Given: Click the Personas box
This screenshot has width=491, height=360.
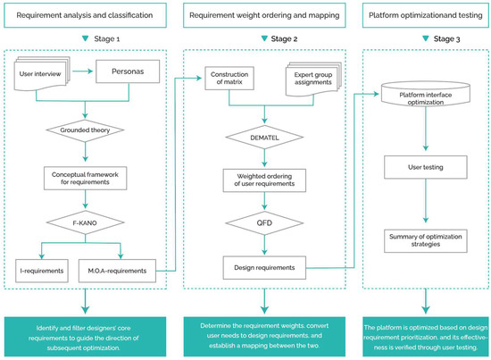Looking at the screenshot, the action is coord(128,71).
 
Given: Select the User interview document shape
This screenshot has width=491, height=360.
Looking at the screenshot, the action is coord(42,74).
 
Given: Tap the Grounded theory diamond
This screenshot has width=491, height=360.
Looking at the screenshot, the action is coord(85,130).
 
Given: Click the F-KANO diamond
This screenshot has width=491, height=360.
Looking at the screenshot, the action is coord(85,222).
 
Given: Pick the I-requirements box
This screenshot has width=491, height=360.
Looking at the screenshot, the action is coord(42,271).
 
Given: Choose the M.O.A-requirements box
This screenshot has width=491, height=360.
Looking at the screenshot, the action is coord(117,271).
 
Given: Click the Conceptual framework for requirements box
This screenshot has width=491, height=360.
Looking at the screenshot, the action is coord(85,179).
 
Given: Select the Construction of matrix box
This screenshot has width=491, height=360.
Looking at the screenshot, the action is coord(229,79).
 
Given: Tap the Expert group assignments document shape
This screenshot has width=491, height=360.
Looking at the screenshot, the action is coord(313,79).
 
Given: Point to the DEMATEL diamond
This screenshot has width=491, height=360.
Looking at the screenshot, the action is coord(264,138).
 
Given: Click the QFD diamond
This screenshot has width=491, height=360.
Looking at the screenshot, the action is coord(264,223).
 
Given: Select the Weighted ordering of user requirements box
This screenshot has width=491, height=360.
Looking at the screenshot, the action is coord(264,180).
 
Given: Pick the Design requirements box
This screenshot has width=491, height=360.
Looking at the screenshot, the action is coord(264,268).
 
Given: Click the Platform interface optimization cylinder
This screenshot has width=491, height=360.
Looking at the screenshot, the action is coord(426,94).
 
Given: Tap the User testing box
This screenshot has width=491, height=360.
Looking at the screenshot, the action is coord(426,167).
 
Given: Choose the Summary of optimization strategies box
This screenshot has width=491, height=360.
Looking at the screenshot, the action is coord(426,240).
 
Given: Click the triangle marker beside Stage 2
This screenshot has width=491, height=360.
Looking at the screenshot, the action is coord(264,38).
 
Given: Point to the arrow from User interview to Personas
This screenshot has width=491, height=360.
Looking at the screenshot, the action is coord(83,71).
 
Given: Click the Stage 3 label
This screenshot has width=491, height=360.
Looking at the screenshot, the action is coord(447,38).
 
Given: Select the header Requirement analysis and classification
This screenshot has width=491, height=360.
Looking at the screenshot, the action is coord(85,15).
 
